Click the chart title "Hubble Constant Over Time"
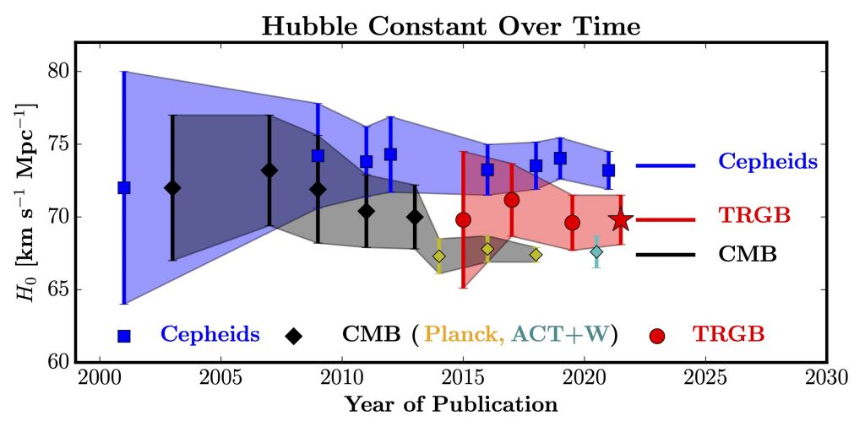[x=450, y=26]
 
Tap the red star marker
[x=621, y=219]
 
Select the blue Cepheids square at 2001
[x=124, y=187]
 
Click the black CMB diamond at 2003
[x=172, y=187]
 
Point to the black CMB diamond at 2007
[x=269, y=170]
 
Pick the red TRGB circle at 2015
[x=463, y=219]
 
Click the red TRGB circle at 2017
[x=511, y=200]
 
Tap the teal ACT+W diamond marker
[x=596, y=251]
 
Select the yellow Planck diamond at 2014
[x=439, y=256]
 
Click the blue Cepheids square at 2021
[x=608, y=170]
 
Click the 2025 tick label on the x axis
[x=706, y=376]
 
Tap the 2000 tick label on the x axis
[x=100, y=376]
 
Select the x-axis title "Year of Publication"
[x=450, y=405]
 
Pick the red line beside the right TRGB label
[x=665, y=219]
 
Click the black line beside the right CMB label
[x=665, y=254]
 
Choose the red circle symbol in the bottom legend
[x=657, y=336]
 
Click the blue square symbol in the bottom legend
[x=124, y=336]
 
